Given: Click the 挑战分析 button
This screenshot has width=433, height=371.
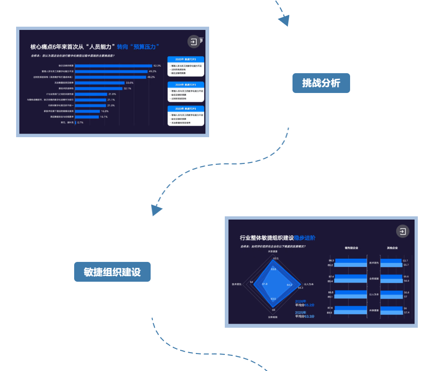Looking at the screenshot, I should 321,83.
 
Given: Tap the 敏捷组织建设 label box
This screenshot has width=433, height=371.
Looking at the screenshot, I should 112,272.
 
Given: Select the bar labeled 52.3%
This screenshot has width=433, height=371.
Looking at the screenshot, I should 113,66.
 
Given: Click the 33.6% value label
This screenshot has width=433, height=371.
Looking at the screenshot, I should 129,82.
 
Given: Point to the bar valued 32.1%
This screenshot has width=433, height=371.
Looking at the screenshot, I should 99,88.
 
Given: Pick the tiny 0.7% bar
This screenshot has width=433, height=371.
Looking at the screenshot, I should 76,122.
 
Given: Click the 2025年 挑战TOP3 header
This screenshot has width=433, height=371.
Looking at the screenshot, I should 186,59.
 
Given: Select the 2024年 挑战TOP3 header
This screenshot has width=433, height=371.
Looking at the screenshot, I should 186,85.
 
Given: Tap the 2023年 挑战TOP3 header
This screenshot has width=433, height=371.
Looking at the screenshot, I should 186,108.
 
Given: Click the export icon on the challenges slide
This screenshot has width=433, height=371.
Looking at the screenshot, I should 194,42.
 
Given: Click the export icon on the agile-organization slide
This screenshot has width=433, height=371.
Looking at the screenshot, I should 403,232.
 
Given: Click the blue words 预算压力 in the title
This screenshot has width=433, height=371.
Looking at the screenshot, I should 145,46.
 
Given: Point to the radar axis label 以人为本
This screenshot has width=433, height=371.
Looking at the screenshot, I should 309,284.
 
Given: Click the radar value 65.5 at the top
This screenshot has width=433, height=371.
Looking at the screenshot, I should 275,258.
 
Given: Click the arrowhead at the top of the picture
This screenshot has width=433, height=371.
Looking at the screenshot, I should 284,21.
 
